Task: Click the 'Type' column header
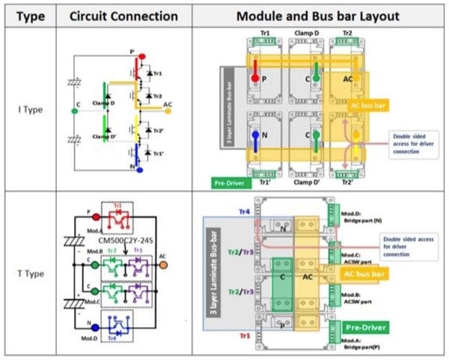(x=27, y=16)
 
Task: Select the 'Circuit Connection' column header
(x=123, y=16)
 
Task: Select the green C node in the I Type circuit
(x=73, y=112)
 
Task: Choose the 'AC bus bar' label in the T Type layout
(x=368, y=273)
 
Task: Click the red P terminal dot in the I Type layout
(x=256, y=77)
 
